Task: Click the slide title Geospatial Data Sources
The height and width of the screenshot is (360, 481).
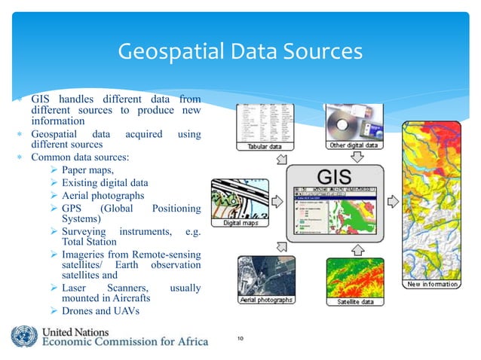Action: click(x=240, y=52)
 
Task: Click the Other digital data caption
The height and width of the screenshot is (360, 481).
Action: click(x=358, y=145)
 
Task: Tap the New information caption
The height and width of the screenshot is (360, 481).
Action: click(x=433, y=284)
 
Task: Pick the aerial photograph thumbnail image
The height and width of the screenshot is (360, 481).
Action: click(x=260, y=276)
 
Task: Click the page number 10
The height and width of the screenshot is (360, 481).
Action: click(x=240, y=340)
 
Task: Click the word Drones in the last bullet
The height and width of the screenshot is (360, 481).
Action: click(x=79, y=311)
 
